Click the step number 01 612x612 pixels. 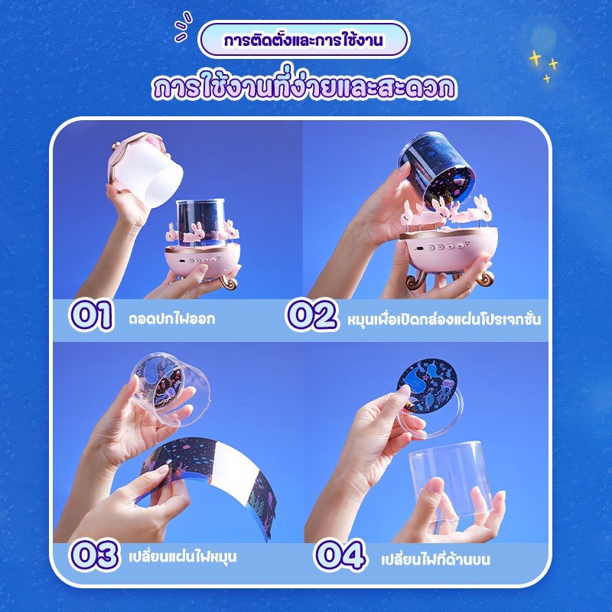coord(91,315)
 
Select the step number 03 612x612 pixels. coord(93,554)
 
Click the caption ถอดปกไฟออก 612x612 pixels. coord(171,319)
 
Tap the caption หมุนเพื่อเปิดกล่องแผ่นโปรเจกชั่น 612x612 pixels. coord(444,319)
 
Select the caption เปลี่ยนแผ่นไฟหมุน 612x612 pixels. coord(183,556)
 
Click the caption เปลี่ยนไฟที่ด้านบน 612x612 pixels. coord(435,559)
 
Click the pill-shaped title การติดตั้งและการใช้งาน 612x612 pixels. coord(304,40)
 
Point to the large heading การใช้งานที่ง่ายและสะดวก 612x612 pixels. coord(304,86)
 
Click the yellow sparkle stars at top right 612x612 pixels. coord(544,65)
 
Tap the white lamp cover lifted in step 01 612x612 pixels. coord(145,165)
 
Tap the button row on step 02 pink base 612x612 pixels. coord(446,247)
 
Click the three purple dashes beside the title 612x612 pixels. coord(183,26)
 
